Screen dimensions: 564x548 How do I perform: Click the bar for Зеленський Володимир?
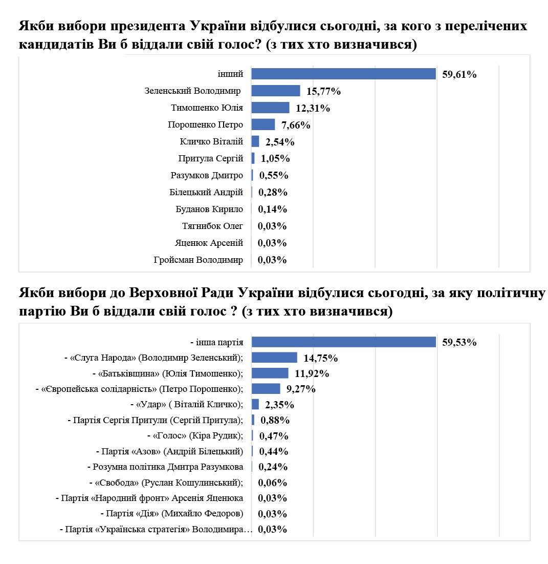(275, 91)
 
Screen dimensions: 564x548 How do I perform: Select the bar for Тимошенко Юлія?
(270, 108)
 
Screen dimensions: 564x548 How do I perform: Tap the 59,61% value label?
(459, 75)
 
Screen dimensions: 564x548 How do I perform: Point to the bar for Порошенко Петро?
(263, 125)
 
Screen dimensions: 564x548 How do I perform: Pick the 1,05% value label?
(274, 158)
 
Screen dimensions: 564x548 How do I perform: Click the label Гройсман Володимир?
(198, 260)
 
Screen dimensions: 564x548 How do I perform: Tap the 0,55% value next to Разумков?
(274, 175)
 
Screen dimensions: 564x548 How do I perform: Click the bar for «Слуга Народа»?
(274, 358)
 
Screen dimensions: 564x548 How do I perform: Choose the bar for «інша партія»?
(343, 342)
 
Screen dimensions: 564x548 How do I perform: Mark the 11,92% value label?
(312, 373)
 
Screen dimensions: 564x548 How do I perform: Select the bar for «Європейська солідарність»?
(266, 389)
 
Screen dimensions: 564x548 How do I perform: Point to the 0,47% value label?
(274, 436)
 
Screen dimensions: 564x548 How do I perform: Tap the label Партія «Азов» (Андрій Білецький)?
(169, 451)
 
